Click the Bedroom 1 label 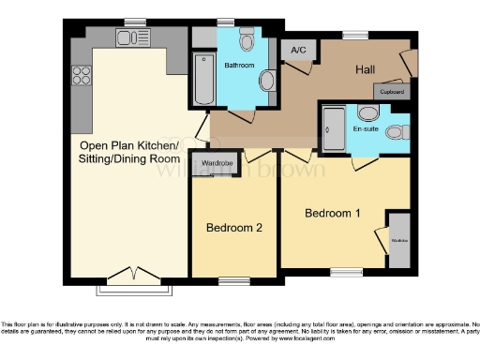333,213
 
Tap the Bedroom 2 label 234,227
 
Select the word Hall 366,70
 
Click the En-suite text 366,128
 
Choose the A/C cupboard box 299,50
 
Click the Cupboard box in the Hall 392,92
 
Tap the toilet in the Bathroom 247,39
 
